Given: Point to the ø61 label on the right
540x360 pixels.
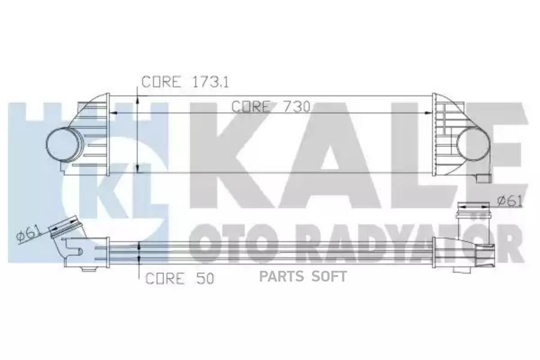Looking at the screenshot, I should pyautogui.click(x=509, y=201).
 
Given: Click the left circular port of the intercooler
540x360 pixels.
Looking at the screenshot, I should pyautogui.click(x=62, y=144).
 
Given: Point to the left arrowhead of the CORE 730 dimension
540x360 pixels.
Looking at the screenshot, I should pyautogui.click(x=114, y=112).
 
